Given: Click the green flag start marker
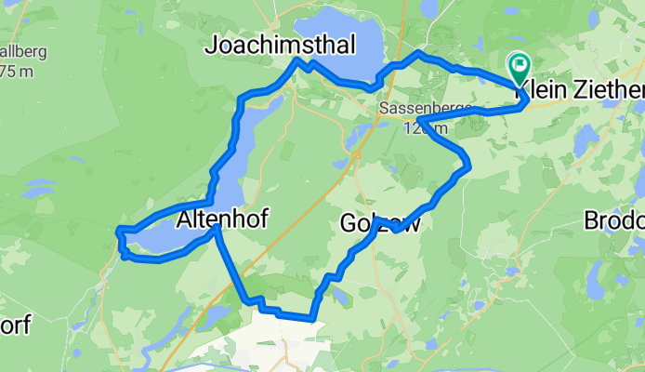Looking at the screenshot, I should [518, 65].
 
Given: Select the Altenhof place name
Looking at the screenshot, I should [220, 219].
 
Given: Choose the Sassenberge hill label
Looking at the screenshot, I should [415, 109].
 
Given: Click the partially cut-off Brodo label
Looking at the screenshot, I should [613, 221].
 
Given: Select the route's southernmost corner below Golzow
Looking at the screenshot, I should [314, 318].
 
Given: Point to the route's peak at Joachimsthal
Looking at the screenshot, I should [297, 60].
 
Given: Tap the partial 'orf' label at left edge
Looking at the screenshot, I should [15, 325].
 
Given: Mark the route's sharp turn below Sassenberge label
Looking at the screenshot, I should [421, 120].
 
